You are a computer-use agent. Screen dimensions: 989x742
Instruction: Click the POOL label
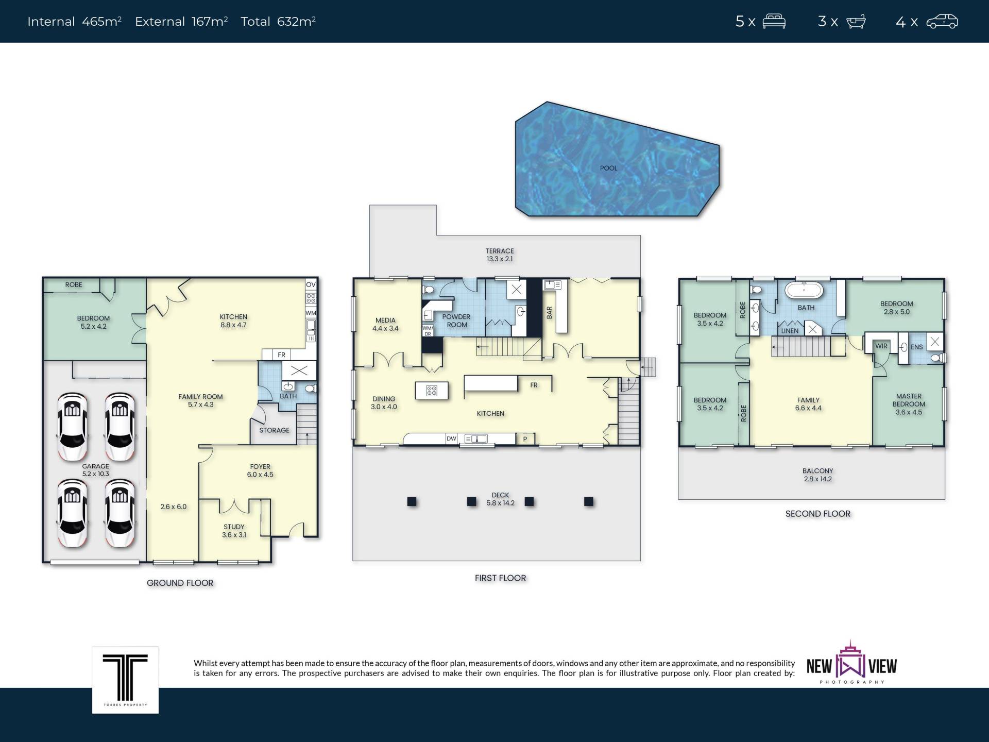click(608, 168)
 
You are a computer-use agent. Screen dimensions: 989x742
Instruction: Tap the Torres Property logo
click(125, 680)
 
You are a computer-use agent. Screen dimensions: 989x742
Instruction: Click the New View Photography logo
click(851, 663)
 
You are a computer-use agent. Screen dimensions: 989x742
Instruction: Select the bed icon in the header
click(774, 22)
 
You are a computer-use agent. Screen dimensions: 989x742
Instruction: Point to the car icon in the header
click(942, 22)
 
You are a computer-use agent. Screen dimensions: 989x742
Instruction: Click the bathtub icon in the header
click(856, 22)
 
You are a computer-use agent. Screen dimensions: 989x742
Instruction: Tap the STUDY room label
click(234, 527)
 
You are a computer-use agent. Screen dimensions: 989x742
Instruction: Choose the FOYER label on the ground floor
click(260, 467)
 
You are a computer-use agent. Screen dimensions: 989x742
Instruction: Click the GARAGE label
click(96, 466)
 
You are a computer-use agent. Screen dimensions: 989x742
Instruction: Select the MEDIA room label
click(385, 321)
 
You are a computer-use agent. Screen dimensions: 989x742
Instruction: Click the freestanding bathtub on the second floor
click(804, 290)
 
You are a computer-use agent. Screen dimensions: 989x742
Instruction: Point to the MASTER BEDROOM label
click(909, 400)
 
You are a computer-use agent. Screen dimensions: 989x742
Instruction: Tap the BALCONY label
click(817, 471)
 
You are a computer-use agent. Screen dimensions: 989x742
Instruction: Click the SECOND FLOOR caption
click(818, 514)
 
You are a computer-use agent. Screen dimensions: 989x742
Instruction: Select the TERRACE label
click(500, 251)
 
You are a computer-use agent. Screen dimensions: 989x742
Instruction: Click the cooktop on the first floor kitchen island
click(432, 391)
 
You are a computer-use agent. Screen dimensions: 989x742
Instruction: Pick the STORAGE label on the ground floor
click(274, 430)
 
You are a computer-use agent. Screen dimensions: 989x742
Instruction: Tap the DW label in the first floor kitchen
click(451, 439)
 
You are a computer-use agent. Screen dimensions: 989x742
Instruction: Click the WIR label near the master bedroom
click(881, 346)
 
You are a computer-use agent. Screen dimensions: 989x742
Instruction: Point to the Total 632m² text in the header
click(278, 22)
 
